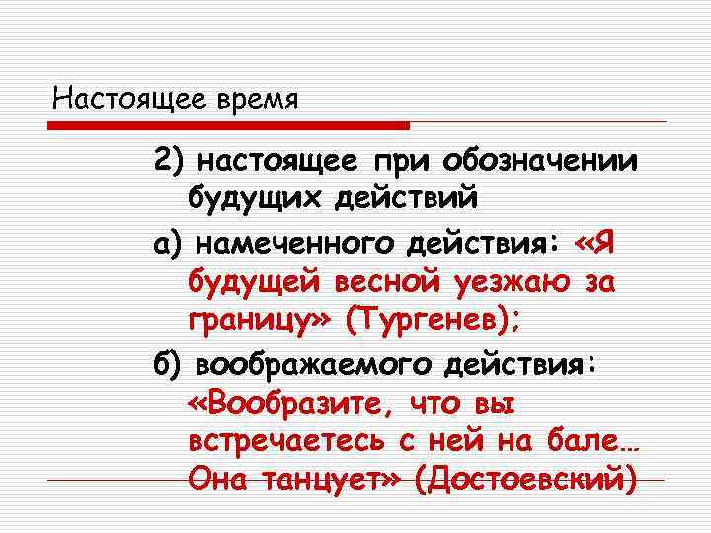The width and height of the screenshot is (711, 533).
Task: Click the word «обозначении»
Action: click(540, 160)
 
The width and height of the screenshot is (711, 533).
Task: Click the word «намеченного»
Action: click(280, 242)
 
